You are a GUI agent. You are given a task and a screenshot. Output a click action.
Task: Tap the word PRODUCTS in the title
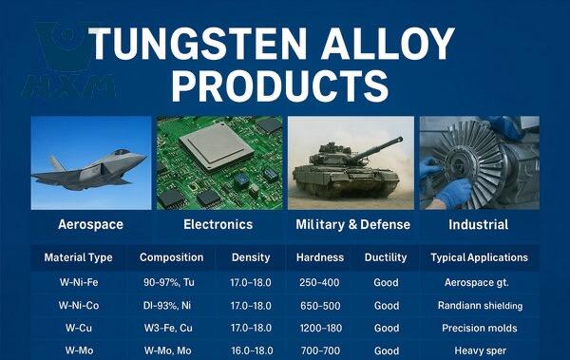[280, 85]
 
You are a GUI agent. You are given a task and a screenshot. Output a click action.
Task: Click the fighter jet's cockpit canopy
[122, 152]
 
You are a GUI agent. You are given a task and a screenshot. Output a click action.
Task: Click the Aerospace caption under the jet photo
[90, 224]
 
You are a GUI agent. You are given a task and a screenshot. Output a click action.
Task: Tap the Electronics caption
[218, 224]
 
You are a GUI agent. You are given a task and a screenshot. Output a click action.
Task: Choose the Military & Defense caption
[353, 224]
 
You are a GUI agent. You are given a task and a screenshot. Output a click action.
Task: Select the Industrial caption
[479, 224]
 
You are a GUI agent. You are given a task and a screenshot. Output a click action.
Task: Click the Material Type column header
[78, 257]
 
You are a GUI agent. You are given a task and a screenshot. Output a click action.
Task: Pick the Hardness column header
[320, 257]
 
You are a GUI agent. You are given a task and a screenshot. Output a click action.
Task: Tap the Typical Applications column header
[479, 257]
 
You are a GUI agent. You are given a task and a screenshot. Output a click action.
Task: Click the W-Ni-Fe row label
[79, 282]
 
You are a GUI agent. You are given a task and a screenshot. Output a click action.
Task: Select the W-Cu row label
[79, 328]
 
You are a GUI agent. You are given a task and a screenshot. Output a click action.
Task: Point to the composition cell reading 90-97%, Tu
[169, 282]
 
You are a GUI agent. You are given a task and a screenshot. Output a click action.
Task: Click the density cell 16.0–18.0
[252, 351]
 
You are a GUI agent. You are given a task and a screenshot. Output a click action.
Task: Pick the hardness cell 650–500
[320, 306]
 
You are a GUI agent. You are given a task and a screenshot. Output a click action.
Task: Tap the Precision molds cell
[480, 328]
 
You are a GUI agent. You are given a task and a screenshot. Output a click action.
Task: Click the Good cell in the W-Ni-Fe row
[386, 282]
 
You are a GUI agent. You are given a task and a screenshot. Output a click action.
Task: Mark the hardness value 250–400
[319, 282]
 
